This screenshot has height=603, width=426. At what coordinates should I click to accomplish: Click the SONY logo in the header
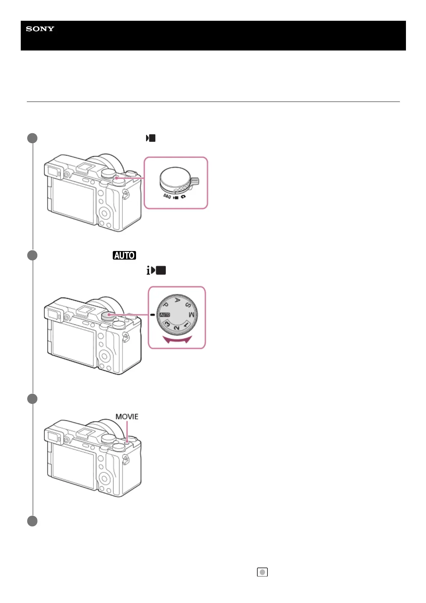click(40, 29)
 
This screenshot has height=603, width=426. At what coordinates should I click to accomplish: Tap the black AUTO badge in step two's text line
click(124, 255)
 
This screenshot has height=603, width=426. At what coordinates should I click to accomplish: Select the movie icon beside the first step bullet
click(151, 138)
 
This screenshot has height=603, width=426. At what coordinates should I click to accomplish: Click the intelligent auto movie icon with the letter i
click(156, 270)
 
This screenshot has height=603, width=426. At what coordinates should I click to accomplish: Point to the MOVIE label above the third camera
click(127, 416)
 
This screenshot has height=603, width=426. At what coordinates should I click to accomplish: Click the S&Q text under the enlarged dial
click(167, 196)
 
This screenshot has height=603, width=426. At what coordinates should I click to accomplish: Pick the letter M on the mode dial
click(192, 315)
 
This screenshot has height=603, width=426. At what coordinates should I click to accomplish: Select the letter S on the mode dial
click(188, 304)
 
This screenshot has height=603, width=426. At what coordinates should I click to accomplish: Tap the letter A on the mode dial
click(177, 300)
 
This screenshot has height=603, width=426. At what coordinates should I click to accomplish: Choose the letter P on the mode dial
click(166, 305)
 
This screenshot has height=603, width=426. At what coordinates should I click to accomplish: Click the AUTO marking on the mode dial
click(165, 315)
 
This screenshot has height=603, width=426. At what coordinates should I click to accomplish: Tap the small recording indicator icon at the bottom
click(262, 572)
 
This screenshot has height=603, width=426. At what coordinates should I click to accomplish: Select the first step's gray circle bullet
click(32, 138)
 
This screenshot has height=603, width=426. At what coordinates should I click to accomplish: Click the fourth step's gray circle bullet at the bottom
click(32, 521)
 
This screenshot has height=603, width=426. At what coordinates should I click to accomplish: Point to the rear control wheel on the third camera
click(105, 478)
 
